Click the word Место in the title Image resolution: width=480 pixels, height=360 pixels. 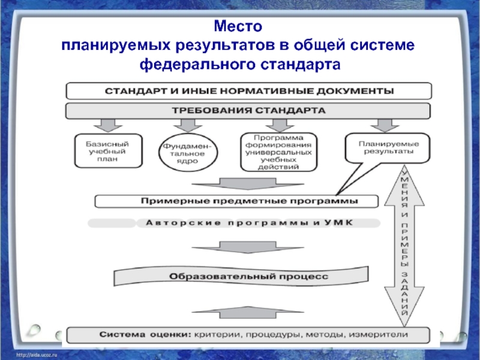click(238, 26)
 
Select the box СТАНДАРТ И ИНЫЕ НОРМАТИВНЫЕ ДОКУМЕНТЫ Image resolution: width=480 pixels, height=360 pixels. click(249, 91)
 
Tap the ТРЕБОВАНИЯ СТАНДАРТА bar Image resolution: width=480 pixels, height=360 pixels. click(248, 110)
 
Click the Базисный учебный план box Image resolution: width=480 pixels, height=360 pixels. click(109, 151)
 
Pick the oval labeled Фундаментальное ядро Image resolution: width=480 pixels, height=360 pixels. click(188, 152)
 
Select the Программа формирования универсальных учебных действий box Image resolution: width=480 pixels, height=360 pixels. click(278, 152)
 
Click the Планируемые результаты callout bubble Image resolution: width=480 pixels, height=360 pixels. click(388, 148)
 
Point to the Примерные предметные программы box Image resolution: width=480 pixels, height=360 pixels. click(236, 201)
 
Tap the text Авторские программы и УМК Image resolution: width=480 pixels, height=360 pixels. click(249, 223)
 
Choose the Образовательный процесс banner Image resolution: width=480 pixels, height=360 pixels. click(241, 276)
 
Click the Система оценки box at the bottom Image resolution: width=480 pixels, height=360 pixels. click(248, 335)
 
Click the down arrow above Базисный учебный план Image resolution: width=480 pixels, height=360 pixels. click(108, 125)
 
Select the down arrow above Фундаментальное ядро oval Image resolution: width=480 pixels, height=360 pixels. click(188, 125)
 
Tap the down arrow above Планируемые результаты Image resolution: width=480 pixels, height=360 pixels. click(385, 125)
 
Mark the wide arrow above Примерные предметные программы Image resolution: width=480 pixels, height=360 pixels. click(248, 184)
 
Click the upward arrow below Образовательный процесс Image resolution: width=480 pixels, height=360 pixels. click(248, 312)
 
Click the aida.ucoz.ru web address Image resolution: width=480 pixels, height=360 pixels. click(37, 355)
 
